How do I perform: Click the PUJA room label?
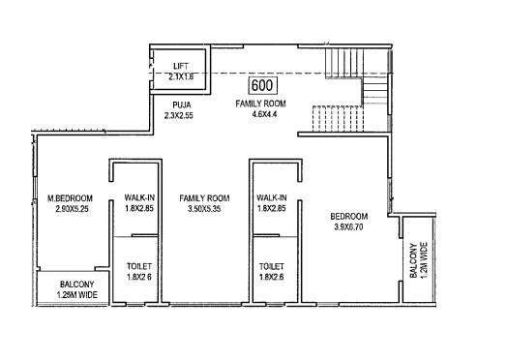pos(181,102)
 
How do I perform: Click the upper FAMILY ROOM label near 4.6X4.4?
pos(261,102)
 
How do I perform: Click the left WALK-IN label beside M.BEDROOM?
pos(137,197)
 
